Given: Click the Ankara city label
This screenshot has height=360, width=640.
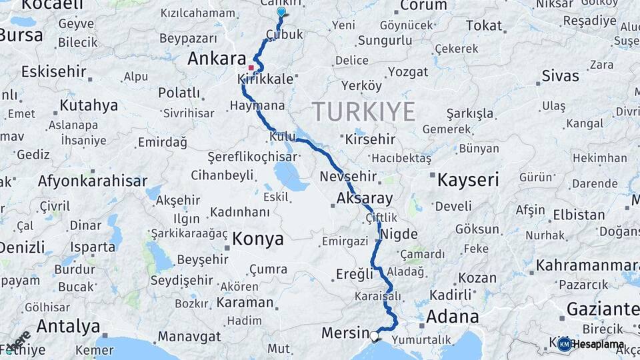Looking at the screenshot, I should pos(217,59).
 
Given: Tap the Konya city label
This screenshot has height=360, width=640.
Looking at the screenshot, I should pos(257,239).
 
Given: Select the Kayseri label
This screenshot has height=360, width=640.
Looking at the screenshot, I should pos(468,179).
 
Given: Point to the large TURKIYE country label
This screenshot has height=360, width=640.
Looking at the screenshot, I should pos(363,111).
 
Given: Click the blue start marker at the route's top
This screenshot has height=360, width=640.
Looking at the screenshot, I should pos(281,12).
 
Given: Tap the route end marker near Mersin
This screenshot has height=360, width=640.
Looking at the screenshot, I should pos(374,337).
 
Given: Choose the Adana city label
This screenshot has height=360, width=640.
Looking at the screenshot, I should pos(453,316).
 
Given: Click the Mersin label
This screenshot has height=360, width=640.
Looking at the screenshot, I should pos(345,333).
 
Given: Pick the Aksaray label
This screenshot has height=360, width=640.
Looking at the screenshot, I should pos(365,198).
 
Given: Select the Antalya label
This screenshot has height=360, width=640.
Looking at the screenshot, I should pos(69,327).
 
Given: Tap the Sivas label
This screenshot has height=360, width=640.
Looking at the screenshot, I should pos(560,75).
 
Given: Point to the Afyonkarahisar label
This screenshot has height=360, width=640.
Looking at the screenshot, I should pos(93,181).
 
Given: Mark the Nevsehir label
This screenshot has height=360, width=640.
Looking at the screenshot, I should pos(349,177).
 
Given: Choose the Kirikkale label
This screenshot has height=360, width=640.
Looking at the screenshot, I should pos(265,79).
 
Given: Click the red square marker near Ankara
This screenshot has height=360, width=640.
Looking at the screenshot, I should pos(251,67).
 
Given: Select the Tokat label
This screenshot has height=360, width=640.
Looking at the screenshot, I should pos(484,26).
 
